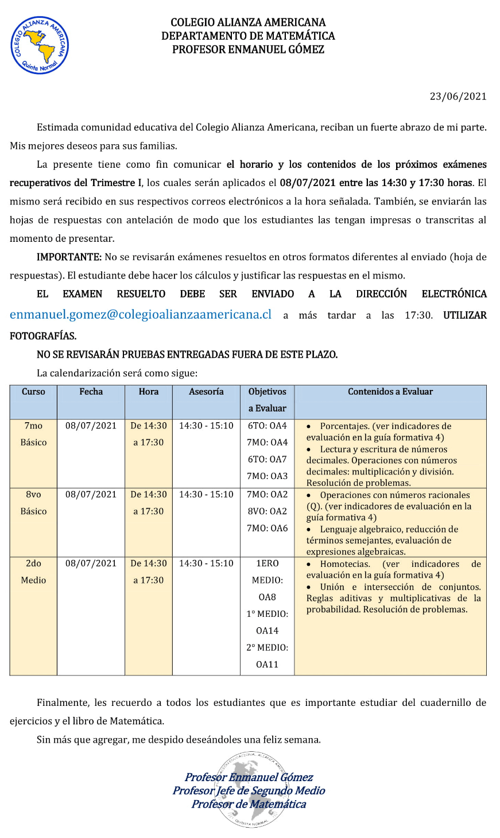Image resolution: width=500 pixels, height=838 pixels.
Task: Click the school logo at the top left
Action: (40, 45)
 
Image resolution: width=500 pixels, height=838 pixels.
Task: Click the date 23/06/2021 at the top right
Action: (458, 96)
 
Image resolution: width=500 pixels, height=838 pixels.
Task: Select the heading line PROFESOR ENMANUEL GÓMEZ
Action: (248, 49)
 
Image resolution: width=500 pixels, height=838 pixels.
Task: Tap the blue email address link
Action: (140, 315)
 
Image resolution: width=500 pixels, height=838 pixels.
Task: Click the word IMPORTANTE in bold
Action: (69, 257)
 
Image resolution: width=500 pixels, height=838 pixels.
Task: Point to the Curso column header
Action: (33, 392)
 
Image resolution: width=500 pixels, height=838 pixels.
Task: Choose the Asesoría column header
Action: (206, 392)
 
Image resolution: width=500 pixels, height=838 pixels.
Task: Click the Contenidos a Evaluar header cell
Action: (390, 392)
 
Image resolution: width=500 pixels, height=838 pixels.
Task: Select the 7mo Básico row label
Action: (33, 434)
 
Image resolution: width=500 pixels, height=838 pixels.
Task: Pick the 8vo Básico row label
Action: (33, 503)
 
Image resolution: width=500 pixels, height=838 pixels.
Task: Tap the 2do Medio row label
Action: (33, 571)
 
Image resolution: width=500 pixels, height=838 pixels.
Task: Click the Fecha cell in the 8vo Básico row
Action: (91, 495)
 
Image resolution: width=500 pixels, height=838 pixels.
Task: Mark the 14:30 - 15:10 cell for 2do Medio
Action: (206, 563)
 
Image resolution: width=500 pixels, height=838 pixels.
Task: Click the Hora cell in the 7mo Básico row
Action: (149, 434)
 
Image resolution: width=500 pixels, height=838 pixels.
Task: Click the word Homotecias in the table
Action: (345, 564)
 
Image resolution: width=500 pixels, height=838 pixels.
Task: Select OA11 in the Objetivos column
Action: (267, 665)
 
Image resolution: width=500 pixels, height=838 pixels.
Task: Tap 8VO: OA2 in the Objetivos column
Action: (267, 511)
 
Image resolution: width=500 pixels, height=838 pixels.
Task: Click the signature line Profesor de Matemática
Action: (249, 804)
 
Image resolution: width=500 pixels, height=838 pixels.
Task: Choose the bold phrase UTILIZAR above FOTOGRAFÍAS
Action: (464, 315)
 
